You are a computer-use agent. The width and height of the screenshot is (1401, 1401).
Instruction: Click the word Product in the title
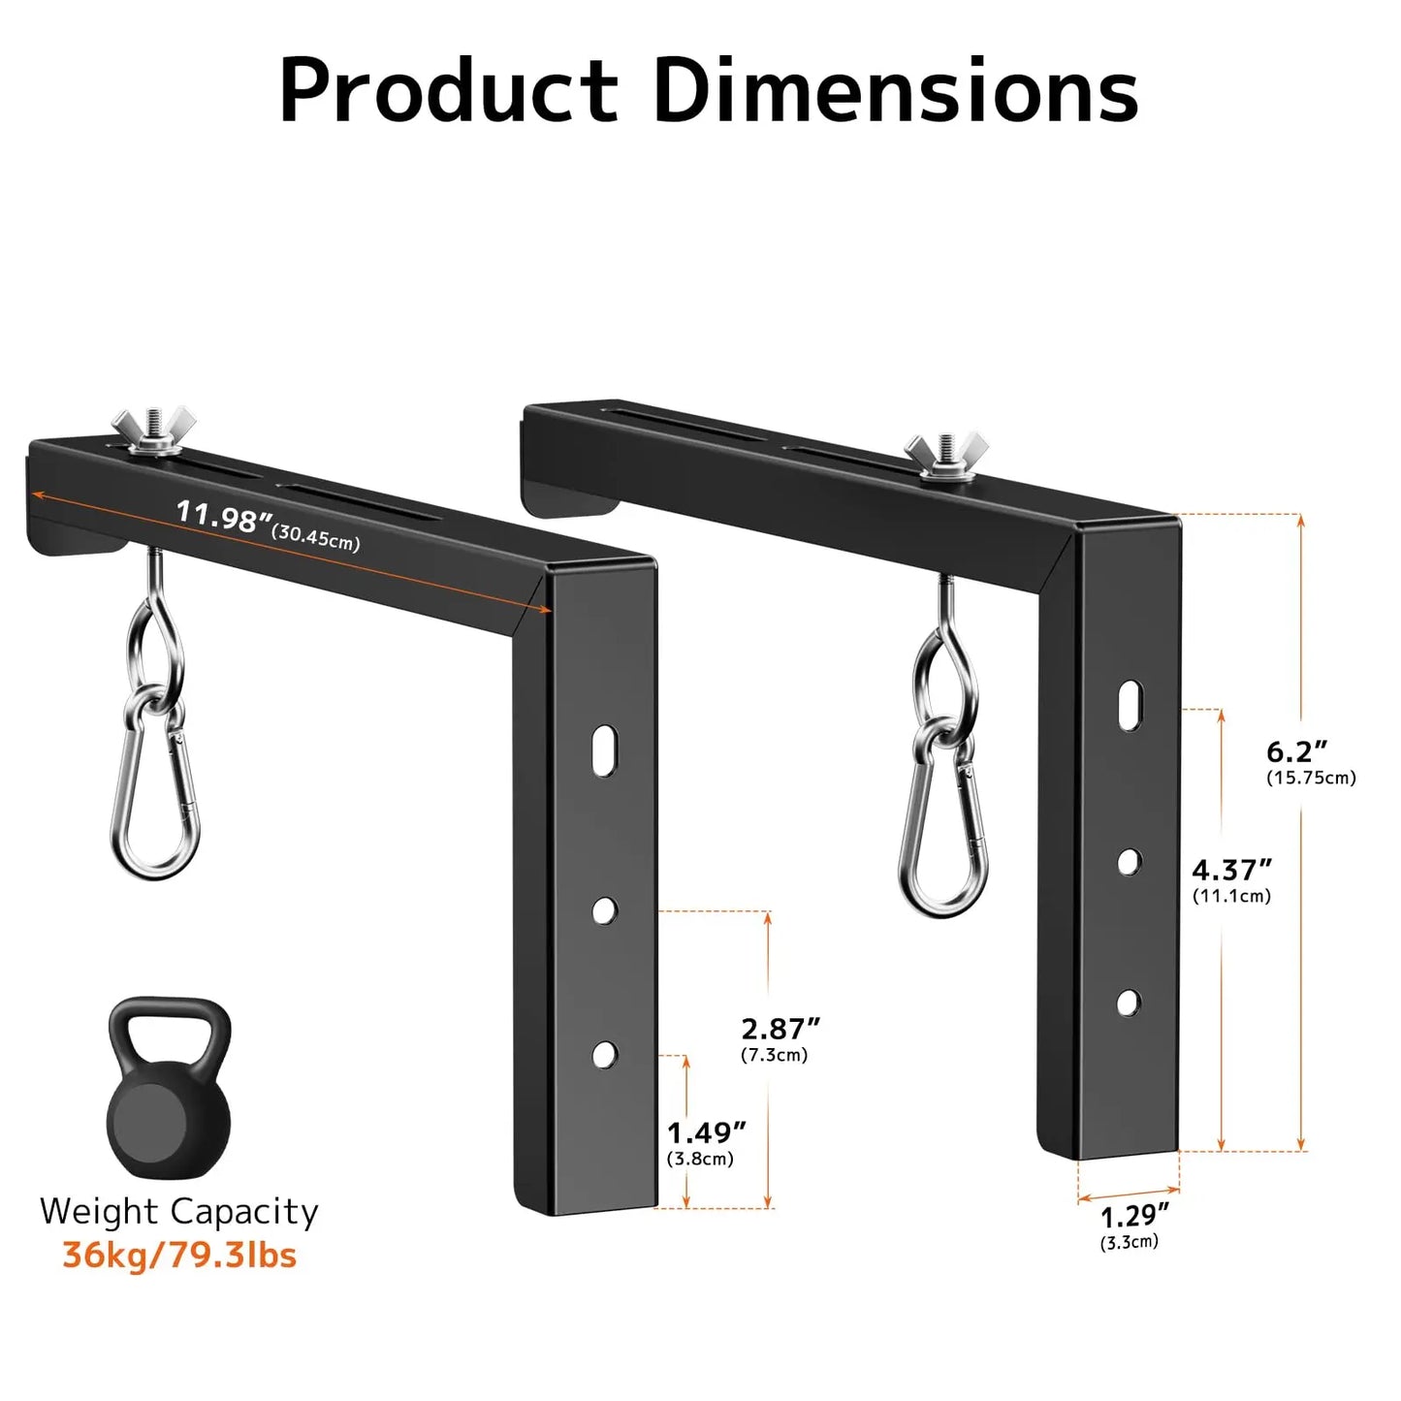point(448,90)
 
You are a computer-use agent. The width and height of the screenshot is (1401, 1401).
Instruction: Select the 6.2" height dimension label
point(1296,751)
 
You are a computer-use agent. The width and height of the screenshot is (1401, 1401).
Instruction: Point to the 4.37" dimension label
point(1231,870)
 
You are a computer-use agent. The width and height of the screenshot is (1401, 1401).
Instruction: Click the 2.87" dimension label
point(780,1029)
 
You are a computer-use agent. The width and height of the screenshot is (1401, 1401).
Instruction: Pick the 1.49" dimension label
point(707,1132)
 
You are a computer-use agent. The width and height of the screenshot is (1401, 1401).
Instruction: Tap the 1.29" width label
point(1134,1215)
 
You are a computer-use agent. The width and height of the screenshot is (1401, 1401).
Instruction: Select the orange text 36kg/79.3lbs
point(179,1256)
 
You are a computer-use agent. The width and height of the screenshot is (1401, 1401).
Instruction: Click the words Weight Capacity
point(179,1212)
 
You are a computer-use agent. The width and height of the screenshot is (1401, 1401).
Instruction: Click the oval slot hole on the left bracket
point(604,749)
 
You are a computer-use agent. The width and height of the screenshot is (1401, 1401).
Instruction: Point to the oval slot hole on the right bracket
point(1130,705)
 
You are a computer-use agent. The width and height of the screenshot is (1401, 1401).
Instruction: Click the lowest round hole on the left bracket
point(605,1054)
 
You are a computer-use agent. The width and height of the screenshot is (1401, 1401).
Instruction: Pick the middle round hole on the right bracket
point(1129,862)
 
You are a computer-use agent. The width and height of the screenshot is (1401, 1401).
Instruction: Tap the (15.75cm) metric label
point(1311,778)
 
